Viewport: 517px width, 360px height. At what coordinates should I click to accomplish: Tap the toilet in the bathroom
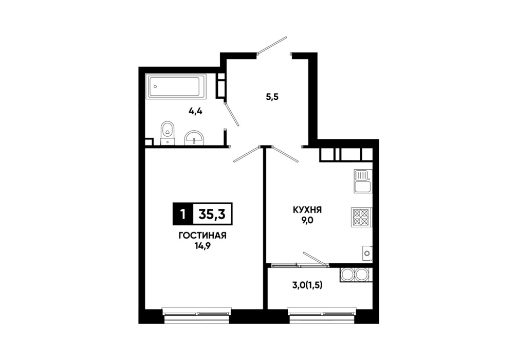(168, 133)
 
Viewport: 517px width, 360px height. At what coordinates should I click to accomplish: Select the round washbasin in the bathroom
(195, 138)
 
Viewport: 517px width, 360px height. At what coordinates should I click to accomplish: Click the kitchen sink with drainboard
(362, 181)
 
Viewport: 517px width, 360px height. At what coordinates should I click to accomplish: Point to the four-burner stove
(361, 217)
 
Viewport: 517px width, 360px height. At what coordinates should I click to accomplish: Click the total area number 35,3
(212, 214)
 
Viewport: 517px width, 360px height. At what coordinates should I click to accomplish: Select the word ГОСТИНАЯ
(202, 236)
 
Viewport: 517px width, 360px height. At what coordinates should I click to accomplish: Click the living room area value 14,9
(203, 246)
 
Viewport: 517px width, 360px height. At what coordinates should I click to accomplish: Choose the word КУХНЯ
(307, 209)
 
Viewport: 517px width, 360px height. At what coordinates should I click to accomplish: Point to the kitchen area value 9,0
(307, 220)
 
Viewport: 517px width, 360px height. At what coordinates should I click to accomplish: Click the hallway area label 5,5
(272, 97)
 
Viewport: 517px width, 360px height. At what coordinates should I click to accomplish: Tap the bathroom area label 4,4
(195, 111)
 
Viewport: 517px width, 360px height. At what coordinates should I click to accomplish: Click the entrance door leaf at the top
(272, 45)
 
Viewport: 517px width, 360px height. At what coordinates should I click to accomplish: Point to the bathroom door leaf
(231, 114)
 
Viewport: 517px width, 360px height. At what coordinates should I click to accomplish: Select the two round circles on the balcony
(354, 275)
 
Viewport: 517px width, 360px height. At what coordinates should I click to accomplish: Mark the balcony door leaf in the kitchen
(316, 259)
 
